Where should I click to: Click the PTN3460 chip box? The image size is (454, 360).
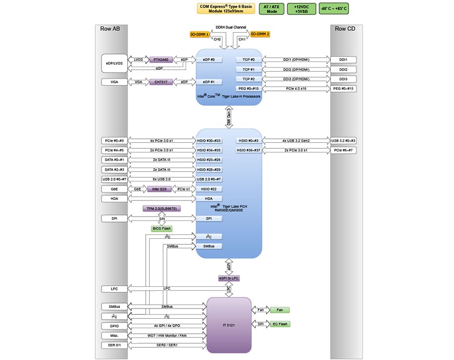[x=161, y=60]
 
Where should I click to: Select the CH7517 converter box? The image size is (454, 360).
[x=161, y=82]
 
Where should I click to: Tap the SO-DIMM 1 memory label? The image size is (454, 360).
[x=200, y=34]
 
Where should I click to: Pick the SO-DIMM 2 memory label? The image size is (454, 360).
[x=260, y=34]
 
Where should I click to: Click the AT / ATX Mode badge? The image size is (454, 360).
[x=272, y=9]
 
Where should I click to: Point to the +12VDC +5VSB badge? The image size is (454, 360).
[x=301, y=9]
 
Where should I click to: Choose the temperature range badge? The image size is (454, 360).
[x=333, y=9]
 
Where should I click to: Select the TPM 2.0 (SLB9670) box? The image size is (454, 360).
[x=162, y=209]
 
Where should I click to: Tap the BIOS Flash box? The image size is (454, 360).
[x=162, y=229]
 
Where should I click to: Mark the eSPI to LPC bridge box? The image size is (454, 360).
[x=229, y=278]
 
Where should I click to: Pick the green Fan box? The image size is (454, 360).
[x=279, y=310]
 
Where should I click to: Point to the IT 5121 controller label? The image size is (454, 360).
[x=229, y=325]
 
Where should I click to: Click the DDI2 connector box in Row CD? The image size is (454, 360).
[x=344, y=70]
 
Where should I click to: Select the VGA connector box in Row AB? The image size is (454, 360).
[x=114, y=82]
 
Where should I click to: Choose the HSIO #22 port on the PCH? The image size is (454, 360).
[x=209, y=189]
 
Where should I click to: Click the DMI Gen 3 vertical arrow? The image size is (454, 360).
[x=229, y=117]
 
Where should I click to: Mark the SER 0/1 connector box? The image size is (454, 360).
[x=114, y=345]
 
